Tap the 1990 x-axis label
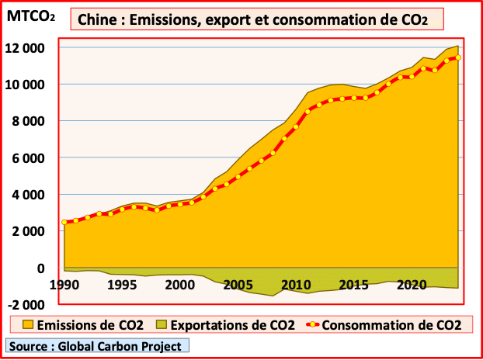tap(64, 284)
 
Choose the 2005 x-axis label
tap(236, 284)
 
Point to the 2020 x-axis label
tap(409, 284)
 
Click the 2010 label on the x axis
tap(294, 284)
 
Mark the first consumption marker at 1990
tap(64, 223)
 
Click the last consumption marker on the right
tap(458, 57)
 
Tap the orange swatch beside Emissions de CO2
tap(30, 325)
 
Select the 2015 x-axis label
tap(352, 284)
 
